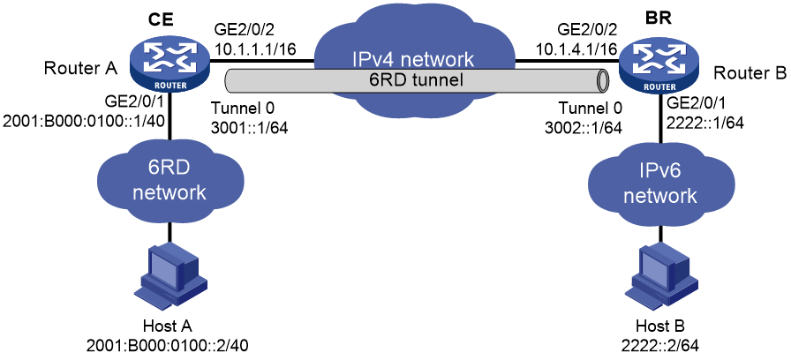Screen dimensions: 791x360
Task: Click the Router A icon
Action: (x=169, y=64)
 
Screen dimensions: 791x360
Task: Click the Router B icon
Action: (x=660, y=64)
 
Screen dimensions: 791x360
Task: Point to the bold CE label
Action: (x=161, y=20)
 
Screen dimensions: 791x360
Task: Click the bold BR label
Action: (x=659, y=20)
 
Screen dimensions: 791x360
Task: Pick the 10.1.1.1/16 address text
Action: (x=256, y=50)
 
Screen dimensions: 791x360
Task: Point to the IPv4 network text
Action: (x=414, y=59)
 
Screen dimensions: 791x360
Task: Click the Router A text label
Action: (x=80, y=68)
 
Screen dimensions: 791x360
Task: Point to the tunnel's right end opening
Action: (x=601, y=79)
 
